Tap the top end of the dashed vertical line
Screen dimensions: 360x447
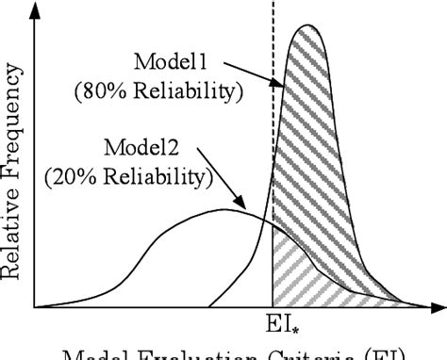(273, 3)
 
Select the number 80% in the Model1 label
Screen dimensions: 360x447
(101, 92)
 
